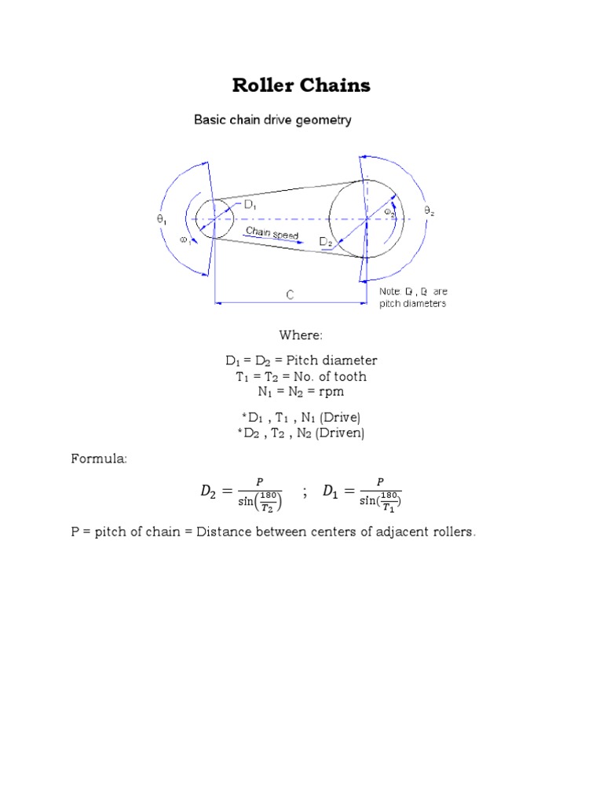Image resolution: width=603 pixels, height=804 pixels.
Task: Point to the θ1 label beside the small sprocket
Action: pos(161,221)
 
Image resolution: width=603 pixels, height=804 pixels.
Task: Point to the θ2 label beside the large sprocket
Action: pos(429,210)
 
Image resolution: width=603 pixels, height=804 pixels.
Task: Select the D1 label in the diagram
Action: pos(250,206)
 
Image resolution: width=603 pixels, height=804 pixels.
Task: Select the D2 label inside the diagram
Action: pos(326,243)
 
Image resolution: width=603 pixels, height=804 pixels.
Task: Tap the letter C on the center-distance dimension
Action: pos(290,295)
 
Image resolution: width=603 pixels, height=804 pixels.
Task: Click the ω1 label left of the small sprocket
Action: pos(185,241)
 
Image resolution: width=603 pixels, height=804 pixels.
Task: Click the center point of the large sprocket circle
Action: pos(367,218)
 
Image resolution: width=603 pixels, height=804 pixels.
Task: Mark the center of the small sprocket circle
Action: pos(214,218)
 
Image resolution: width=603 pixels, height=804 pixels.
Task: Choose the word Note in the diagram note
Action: pos(390,291)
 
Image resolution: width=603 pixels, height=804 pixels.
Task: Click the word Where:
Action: pos(301,336)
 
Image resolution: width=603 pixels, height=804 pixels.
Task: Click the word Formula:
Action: pos(99,458)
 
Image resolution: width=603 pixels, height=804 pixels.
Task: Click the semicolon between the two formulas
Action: pos(303,492)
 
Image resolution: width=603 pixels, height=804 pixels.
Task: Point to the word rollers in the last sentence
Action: pos(451,532)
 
